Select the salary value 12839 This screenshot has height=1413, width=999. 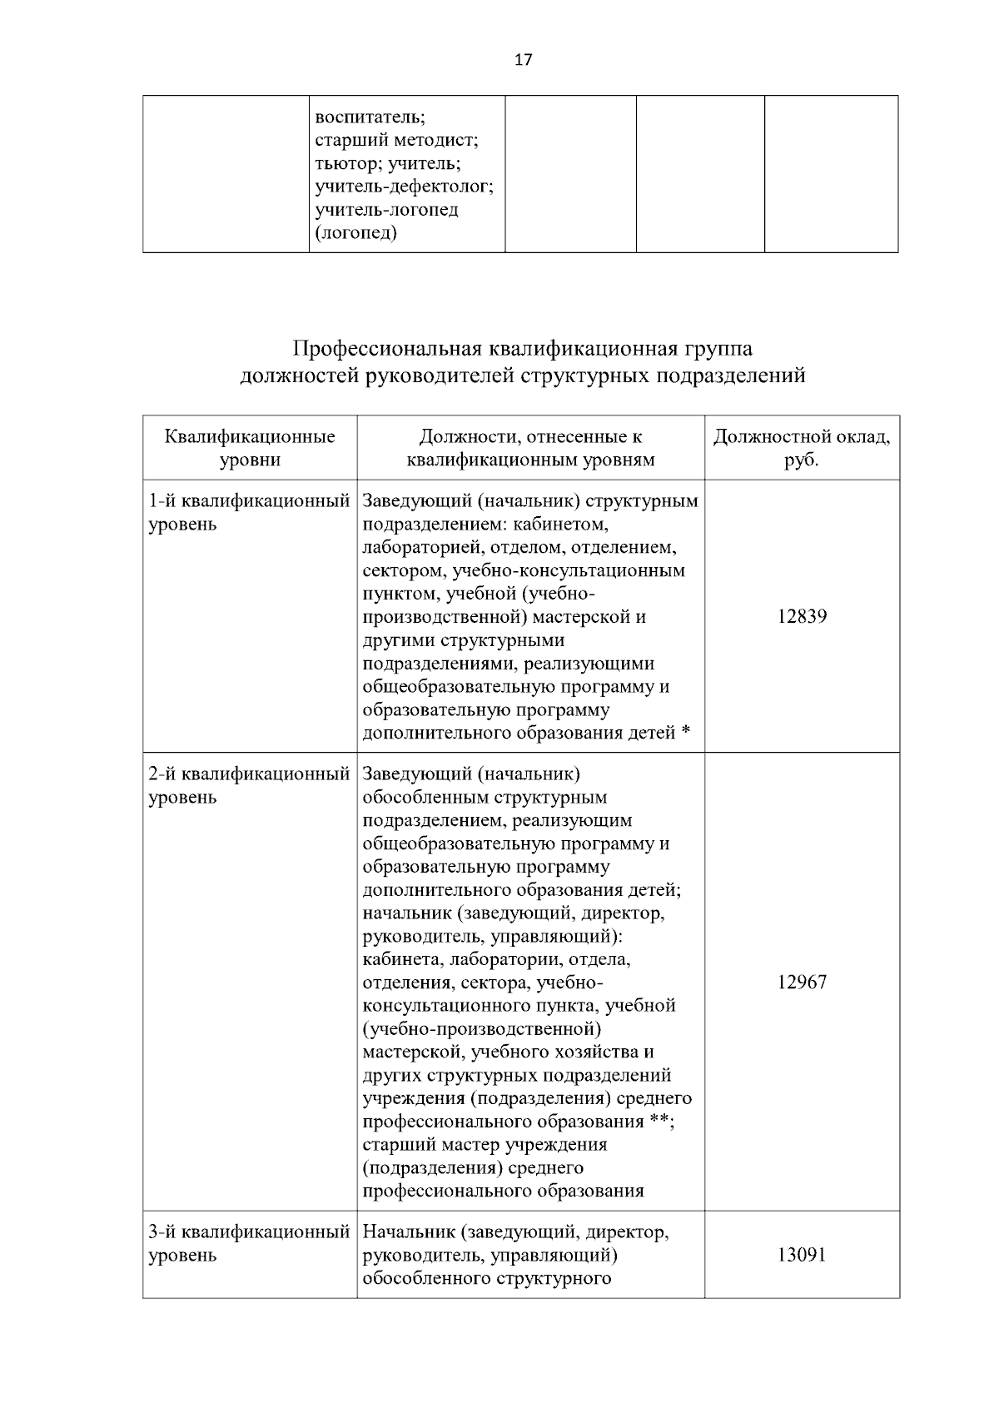click(x=802, y=617)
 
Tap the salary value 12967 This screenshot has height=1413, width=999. click(x=802, y=983)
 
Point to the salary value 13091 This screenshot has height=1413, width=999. click(x=802, y=1255)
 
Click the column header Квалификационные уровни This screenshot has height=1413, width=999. click(x=250, y=448)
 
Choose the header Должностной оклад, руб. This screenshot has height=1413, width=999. click(x=802, y=448)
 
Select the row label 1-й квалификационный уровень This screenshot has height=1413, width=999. click(x=248, y=512)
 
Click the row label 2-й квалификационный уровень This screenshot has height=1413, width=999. click(x=248, y=785)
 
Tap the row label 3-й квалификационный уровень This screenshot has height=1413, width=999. click(x=248, y=1242)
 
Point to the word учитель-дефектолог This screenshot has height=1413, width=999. click(x=404, y=187)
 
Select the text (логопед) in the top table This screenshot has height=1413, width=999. click(x=355, y=233)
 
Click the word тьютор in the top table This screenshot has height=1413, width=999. click(x=342, y=163)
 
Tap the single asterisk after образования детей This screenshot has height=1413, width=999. click(x=686, y=732)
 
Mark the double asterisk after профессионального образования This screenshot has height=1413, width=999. click(x=659, y=1120)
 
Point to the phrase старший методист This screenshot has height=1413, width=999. click(x=396, y=141)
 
